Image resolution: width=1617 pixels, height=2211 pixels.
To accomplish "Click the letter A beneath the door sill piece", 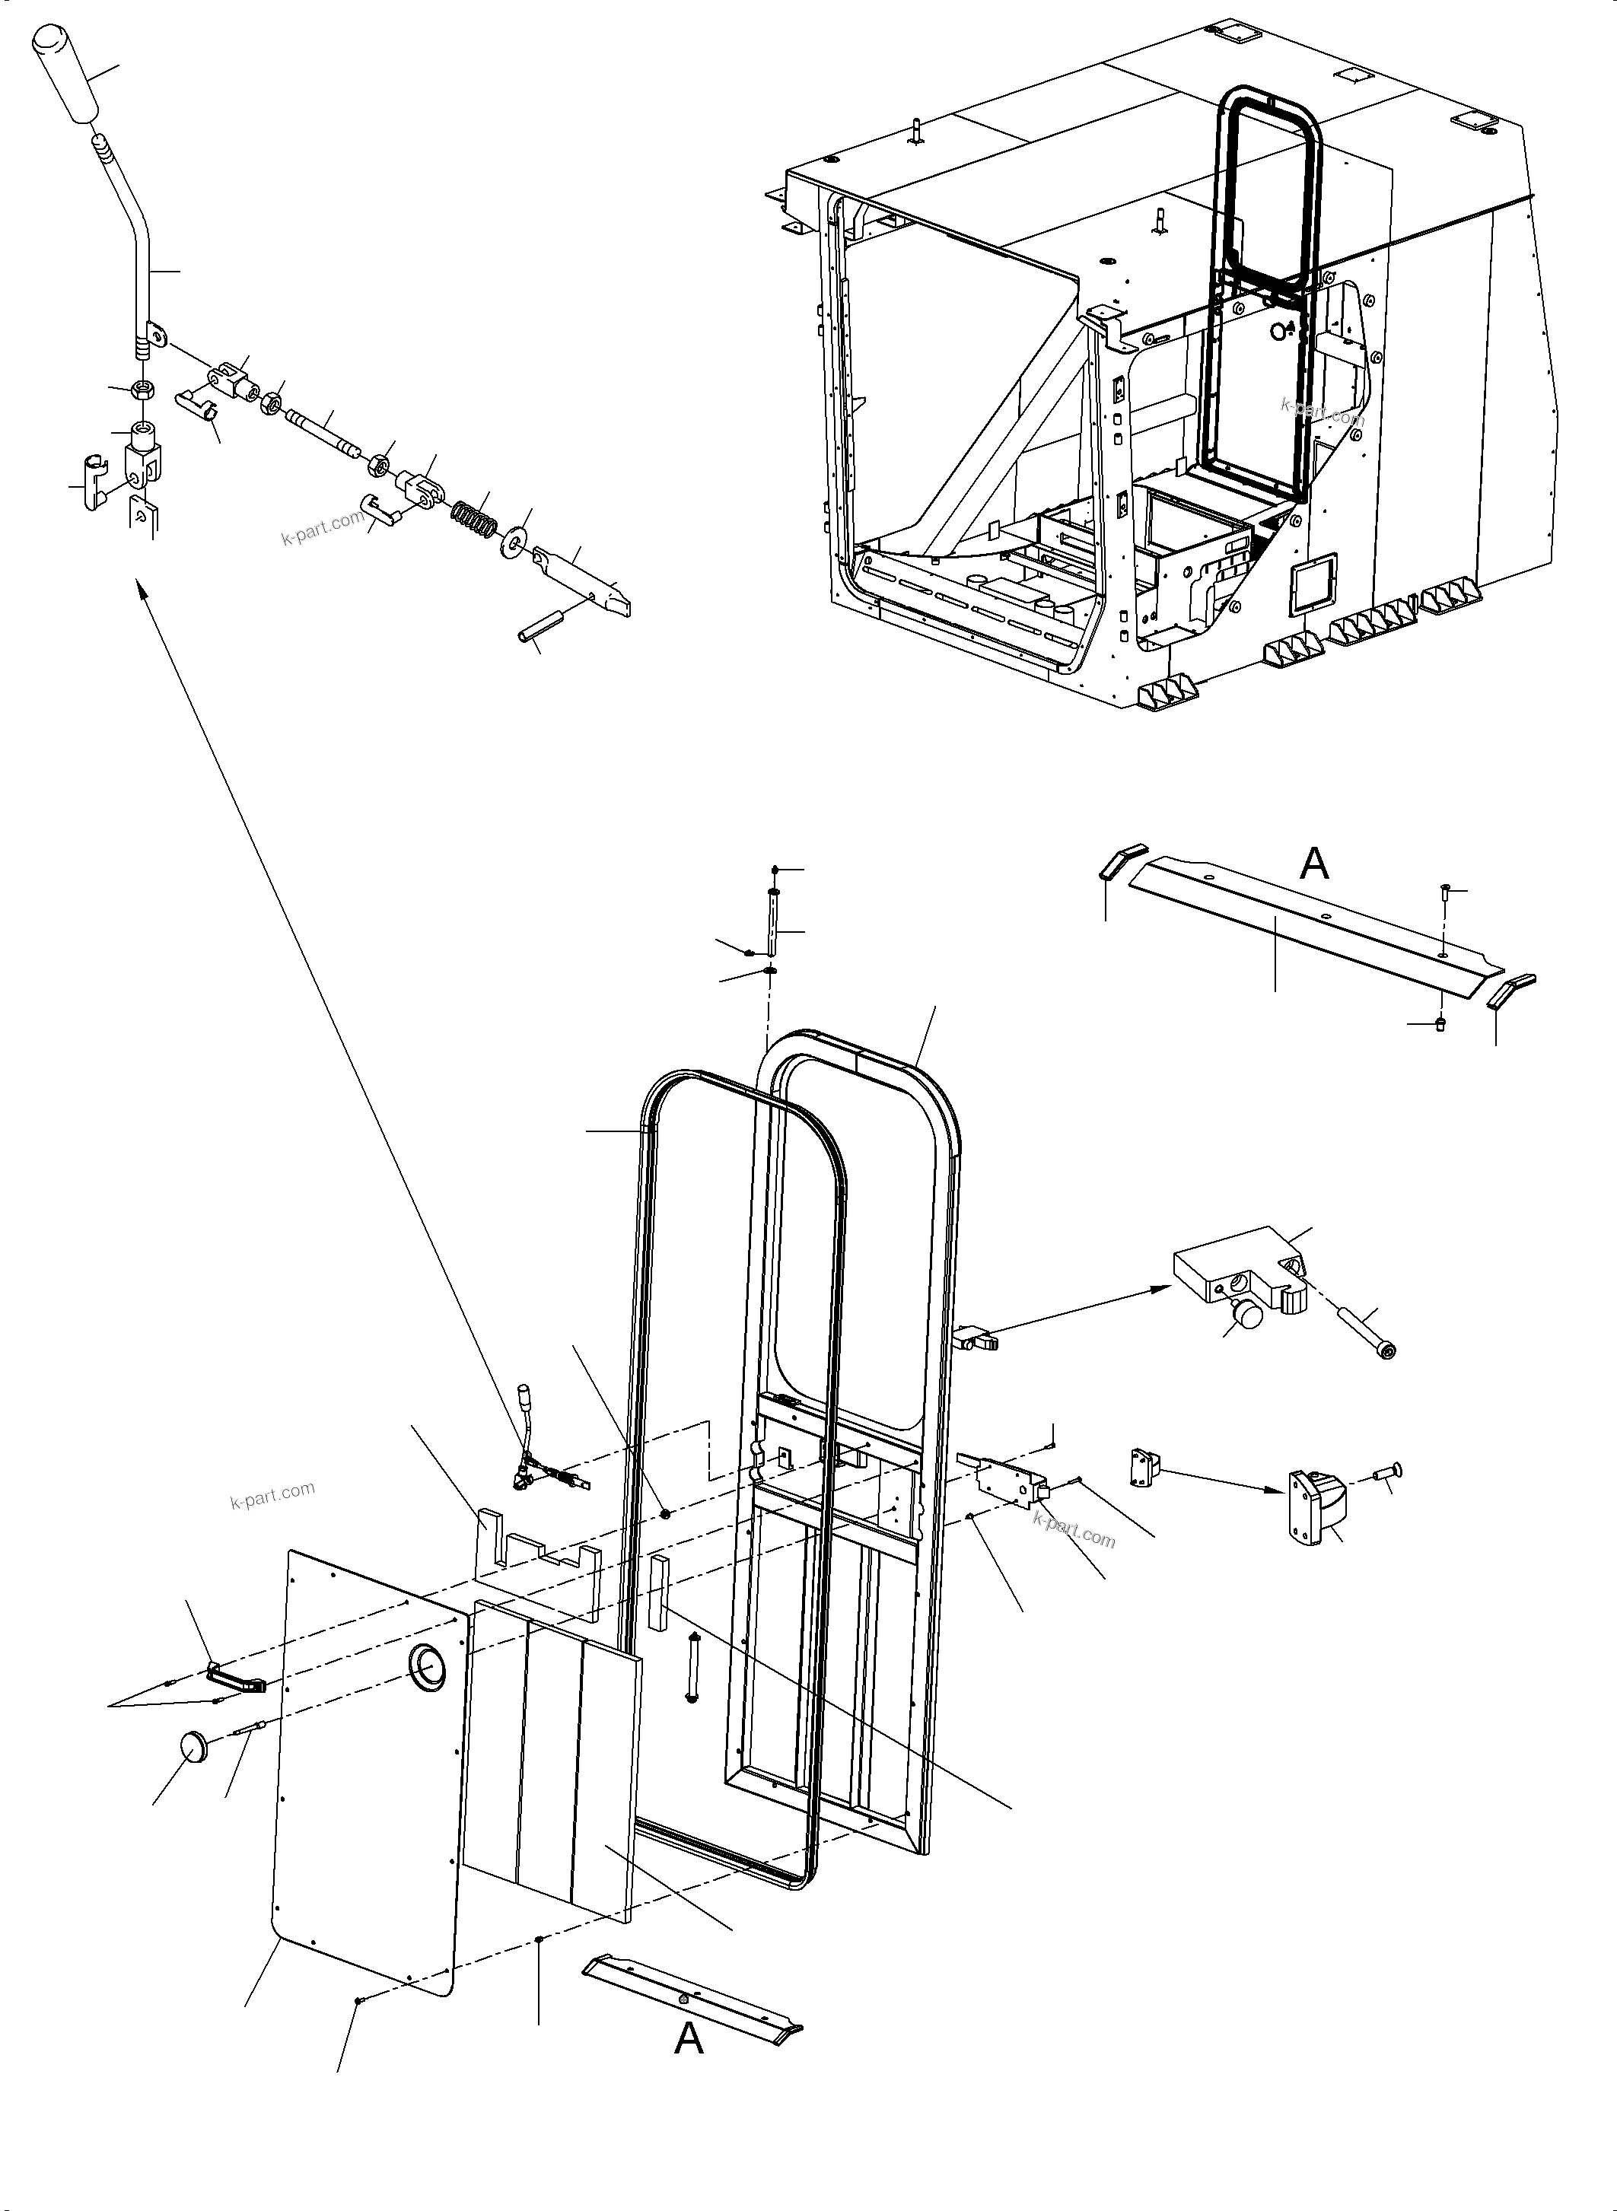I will coord(689,2040).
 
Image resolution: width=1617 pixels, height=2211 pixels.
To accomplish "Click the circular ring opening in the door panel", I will coord(427,1667).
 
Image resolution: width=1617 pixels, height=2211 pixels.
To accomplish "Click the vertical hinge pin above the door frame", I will coord(773,924).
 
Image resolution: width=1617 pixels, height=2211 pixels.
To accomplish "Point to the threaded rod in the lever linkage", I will coord(322,434).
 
